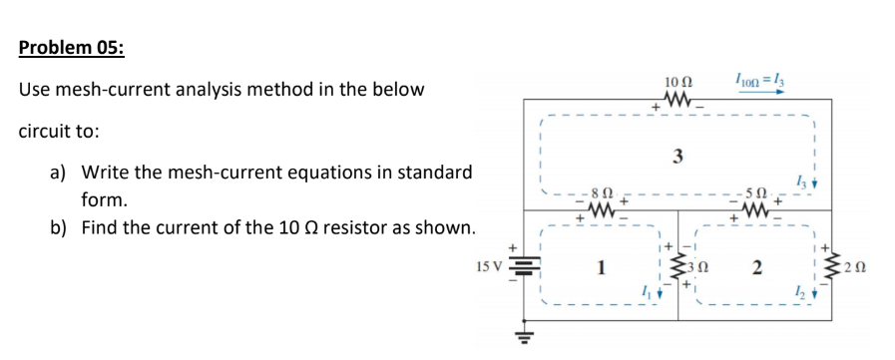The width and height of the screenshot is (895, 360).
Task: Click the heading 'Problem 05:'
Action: tap(72, 50)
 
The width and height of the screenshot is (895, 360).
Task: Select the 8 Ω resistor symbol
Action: tap(601, 211)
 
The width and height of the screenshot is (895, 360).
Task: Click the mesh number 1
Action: tap(601, 267)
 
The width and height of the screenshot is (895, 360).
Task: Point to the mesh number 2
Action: tap(758, 267)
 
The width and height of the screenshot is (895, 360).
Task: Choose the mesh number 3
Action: tap(678, 156)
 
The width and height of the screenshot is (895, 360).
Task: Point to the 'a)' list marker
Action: tap(59, 173)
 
